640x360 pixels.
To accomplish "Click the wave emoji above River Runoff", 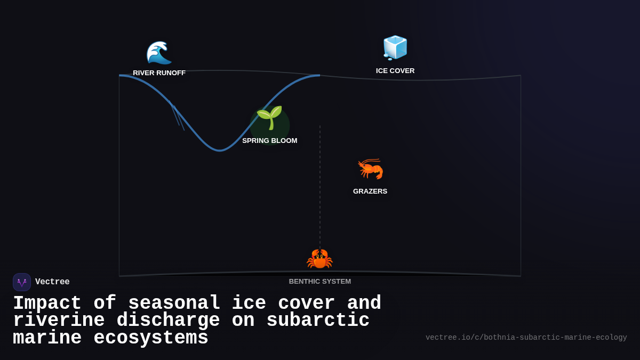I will [159, 52].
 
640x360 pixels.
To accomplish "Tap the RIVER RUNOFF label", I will [159, 73].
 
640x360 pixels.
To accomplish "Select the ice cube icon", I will [395, 47].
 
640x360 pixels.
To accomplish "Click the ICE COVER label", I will [395, 71].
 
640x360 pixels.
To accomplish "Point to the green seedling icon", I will [269, 118].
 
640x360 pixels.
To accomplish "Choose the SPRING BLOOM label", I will [269, 141].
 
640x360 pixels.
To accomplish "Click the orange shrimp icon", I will [370, 169].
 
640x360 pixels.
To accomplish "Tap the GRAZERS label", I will [370, 191].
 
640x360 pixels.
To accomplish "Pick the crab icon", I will [319, 259].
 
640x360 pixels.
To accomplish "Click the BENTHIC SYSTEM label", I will [320, 282].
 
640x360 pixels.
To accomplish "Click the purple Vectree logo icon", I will [22, 282].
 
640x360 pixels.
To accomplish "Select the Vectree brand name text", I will [52, 282].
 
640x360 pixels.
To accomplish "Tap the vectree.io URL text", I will [526, 338].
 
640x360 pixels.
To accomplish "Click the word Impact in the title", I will [47, 303].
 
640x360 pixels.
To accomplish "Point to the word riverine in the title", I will [59, 321].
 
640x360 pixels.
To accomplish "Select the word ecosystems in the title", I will [151, 338].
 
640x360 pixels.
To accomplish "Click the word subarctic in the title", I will [318, 321].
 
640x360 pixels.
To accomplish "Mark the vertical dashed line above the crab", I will [320, 187].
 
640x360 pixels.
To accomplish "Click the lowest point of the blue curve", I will [220, 150].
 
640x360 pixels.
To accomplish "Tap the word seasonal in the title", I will [174, 303].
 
